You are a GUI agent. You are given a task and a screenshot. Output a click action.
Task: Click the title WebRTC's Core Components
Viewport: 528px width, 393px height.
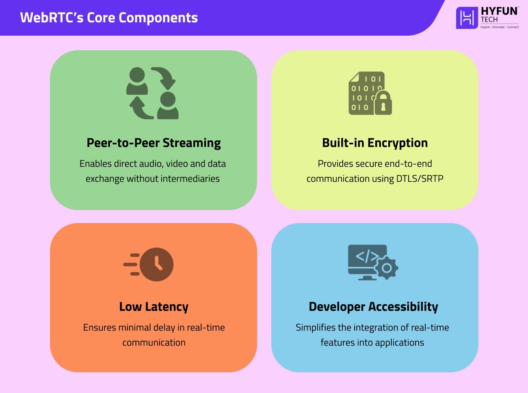tap(109, 18)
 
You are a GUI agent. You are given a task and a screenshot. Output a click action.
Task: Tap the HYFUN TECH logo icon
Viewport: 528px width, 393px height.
tap(467, 18)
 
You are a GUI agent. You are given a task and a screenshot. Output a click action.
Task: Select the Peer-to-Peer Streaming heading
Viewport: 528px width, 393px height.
tap(154, 143)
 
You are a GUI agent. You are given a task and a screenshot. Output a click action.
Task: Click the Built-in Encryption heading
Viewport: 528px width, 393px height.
tap(374, 143)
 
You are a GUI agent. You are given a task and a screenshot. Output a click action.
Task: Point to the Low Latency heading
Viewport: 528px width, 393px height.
tap(154, 307)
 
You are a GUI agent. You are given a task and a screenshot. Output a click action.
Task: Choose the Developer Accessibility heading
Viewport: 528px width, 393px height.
tap(373, 307)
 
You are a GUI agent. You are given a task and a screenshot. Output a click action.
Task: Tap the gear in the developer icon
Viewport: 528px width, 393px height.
tap(386, 268)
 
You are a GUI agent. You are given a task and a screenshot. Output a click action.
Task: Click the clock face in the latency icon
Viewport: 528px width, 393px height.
tap(157, 264)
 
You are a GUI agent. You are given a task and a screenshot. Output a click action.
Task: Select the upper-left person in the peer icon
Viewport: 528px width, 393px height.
tap(137, 81)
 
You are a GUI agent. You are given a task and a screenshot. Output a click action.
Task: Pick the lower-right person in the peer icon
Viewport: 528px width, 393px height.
tap(168, 105)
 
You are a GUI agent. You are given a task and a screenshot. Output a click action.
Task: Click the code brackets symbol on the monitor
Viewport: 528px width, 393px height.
tap(367, 256)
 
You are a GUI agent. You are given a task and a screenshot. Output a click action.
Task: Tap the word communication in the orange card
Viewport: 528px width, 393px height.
tap(154, 342)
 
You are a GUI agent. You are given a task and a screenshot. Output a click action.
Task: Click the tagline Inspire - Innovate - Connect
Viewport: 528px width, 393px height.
tap(500, 27)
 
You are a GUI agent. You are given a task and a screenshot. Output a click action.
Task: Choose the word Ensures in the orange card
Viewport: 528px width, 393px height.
tap(99, 327)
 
